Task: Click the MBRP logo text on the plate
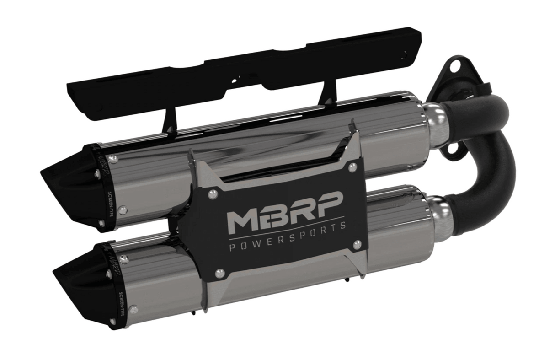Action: pyautogui.click(x=285, y=209)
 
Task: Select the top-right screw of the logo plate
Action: pyautogui.click(x=352, y=168)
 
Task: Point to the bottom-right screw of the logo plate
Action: pyautogui.click(x=357, y=245)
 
